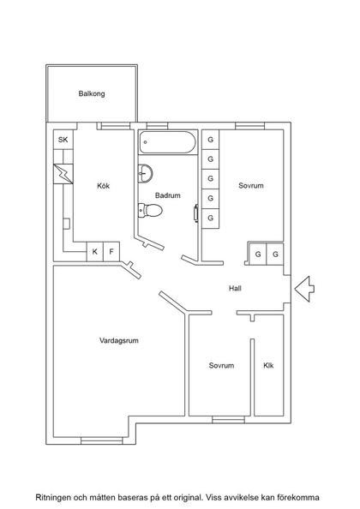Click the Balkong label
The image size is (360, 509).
pos(91,94)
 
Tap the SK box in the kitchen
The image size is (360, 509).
pos(63,141)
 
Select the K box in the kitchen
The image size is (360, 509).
pos(95,253)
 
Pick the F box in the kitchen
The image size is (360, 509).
pos(111,253)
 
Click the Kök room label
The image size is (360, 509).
pos(105,185)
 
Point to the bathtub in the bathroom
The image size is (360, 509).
pos(168,142)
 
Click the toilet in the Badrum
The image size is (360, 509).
pos(145,208)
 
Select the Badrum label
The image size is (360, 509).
pos(168,195)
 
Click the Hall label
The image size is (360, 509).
pos(235,289)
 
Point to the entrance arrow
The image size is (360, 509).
pos(303,289)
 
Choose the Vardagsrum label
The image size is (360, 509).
pos(119,340)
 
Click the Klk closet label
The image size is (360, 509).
pos(268,366)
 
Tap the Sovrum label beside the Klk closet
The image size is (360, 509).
pos(221,366)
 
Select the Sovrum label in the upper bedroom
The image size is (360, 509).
pos(251,186)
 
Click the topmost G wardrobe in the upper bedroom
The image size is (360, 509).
pos(210,140)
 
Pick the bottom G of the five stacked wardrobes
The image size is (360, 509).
pos(210,219)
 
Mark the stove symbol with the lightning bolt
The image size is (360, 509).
pos(63,173)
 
